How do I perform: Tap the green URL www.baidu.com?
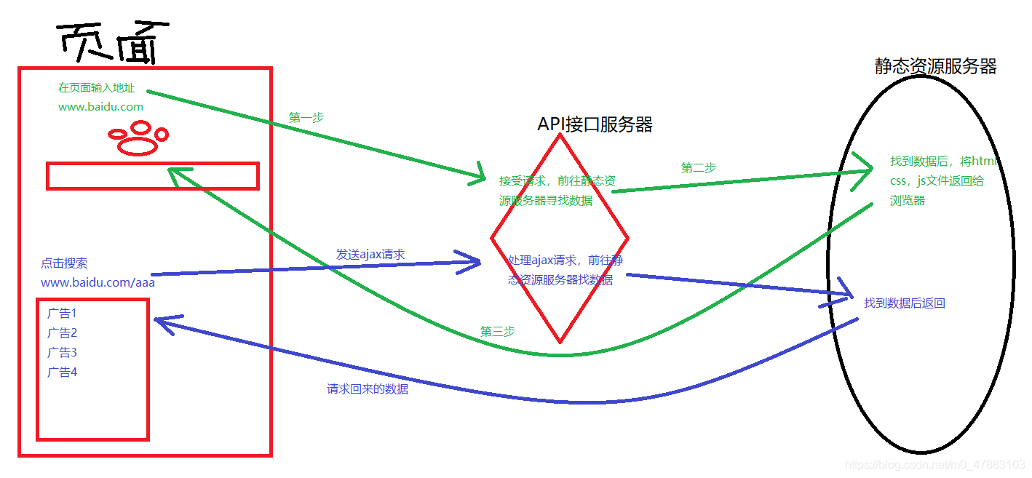pos(100,107)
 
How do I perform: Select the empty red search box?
pos(153,176)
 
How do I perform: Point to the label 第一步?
pos(306,117)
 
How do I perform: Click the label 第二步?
pos(699,168)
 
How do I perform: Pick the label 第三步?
pos(498,331)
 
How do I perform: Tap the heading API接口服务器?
pos(595,124)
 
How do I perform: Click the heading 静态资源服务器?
pos(935,67)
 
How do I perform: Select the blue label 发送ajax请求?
pos(370,255)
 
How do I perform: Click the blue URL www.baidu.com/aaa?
pos(98,283)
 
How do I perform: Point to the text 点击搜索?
pos(64,263)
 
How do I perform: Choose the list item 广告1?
pos(62,314)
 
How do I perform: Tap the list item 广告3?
pos(62,353)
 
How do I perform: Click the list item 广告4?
pos(62,373)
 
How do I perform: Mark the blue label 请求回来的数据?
pos(368,389)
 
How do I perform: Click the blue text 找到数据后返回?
pos(904,303)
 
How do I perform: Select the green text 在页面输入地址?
pos(96,88)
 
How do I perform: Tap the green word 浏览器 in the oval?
pos(908,200)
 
